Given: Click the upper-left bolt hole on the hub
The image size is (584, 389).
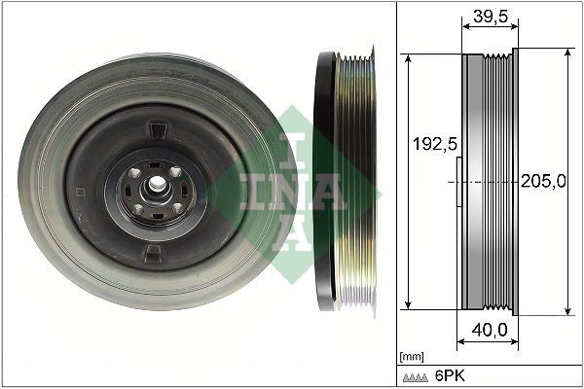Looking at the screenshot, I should pyautogui.click(x=135, y=172).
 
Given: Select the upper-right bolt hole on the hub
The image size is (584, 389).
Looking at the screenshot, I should pyautogui.click(x=176, y=171).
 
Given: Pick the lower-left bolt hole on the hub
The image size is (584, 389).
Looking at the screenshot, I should pyautogui.click(x=137, y=208).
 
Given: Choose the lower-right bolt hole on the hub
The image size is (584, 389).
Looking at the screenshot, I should pyautogui.click(x=176, y=206).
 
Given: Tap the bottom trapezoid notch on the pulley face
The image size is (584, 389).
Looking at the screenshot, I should pyautogui.click(x=154, y=253).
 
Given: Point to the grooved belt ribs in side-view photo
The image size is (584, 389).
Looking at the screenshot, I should pyautogui.click(x=355, y=182).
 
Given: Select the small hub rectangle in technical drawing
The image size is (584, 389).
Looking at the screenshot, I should pyautogui.click(x=458, y=182).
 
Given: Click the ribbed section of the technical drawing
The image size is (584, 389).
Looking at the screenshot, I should pyautogui.click(x=498, y=182).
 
